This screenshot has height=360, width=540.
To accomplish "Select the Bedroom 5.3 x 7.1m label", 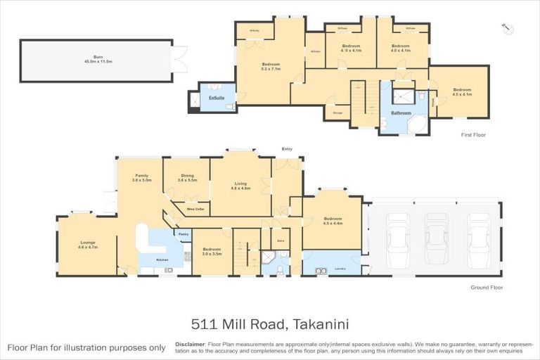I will [x=270, y=66].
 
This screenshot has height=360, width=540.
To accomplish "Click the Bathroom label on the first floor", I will [x=401, y=112].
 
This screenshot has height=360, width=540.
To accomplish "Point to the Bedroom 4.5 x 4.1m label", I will [x=462, y=91].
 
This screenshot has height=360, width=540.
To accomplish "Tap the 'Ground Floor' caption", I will [x=487, y=288].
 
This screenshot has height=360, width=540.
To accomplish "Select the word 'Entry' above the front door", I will [x=286, y=149].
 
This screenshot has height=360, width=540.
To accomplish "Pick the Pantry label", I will [x=183, y=233].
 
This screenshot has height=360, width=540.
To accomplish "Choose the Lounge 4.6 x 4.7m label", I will [x=87, y=245].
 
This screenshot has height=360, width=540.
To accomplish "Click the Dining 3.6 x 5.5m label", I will [x=187, y=179].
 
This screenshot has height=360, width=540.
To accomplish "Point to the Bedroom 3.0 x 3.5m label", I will [x=212, y=250].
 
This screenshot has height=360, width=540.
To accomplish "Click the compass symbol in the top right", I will [x=509, y=27].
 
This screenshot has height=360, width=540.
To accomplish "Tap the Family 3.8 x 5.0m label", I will [x=142, y=177].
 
